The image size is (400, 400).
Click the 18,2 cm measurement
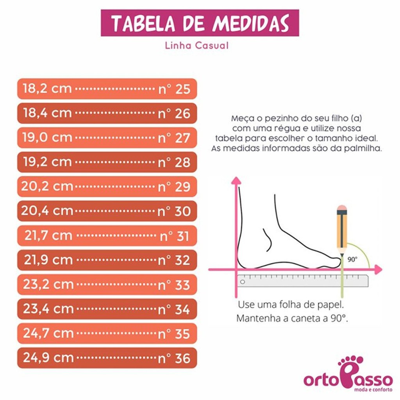click(47, 88)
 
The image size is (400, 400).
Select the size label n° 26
click(174, 113)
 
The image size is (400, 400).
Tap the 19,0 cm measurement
click(47, 137)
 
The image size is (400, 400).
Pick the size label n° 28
click(174, 162)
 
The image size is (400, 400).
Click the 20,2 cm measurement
click(47, 186)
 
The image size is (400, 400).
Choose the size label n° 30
click(174, 211)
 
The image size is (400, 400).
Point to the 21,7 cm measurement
click(48, 236)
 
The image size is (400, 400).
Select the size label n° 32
click(174, 260)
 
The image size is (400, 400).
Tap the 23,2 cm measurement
click(48, 284)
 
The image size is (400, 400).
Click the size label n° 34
click(174, 309)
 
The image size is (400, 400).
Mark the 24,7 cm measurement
click(48, 334)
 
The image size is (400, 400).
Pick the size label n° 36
click(174, 358)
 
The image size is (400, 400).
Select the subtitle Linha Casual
click(196, 46)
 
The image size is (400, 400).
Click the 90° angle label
click(353, 258)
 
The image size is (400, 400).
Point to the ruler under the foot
click(303, 280)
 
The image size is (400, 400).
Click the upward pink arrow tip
click(236, 180)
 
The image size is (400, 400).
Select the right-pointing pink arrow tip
click(378, 269)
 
